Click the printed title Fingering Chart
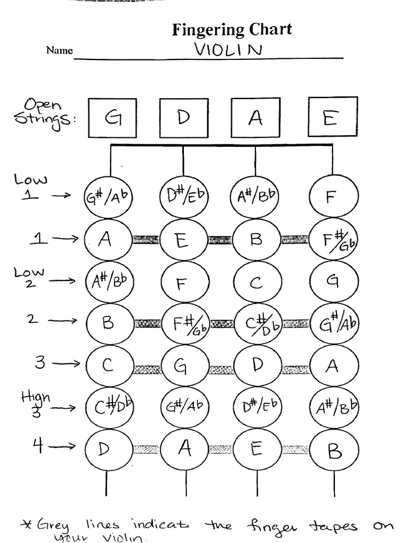(232, 29)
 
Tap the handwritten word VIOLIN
(228, 50)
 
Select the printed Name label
(59, 51)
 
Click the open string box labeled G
(113, 118)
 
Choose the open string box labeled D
(184, 118)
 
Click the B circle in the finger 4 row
(334, 451)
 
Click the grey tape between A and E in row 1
(145, 240)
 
